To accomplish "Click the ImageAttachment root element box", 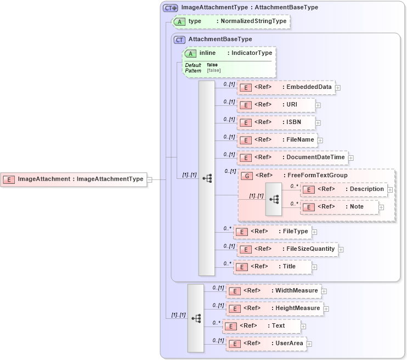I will [74, 179].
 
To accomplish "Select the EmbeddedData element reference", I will [286, 87].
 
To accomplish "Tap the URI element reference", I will [276, 105].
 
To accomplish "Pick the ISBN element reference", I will [276, 122].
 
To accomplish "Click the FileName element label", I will [300, 140].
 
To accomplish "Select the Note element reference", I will [340, 207].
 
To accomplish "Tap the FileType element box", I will [272, 232].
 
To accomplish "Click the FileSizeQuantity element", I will [286, 249].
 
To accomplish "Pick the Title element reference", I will [272, 267].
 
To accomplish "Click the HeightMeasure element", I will [274, 308].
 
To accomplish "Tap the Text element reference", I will [263, 326].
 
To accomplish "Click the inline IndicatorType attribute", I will [229, 53].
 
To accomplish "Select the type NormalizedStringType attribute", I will [230, 21].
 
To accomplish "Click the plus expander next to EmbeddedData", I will [338, 87].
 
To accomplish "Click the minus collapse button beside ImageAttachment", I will [150, 179].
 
